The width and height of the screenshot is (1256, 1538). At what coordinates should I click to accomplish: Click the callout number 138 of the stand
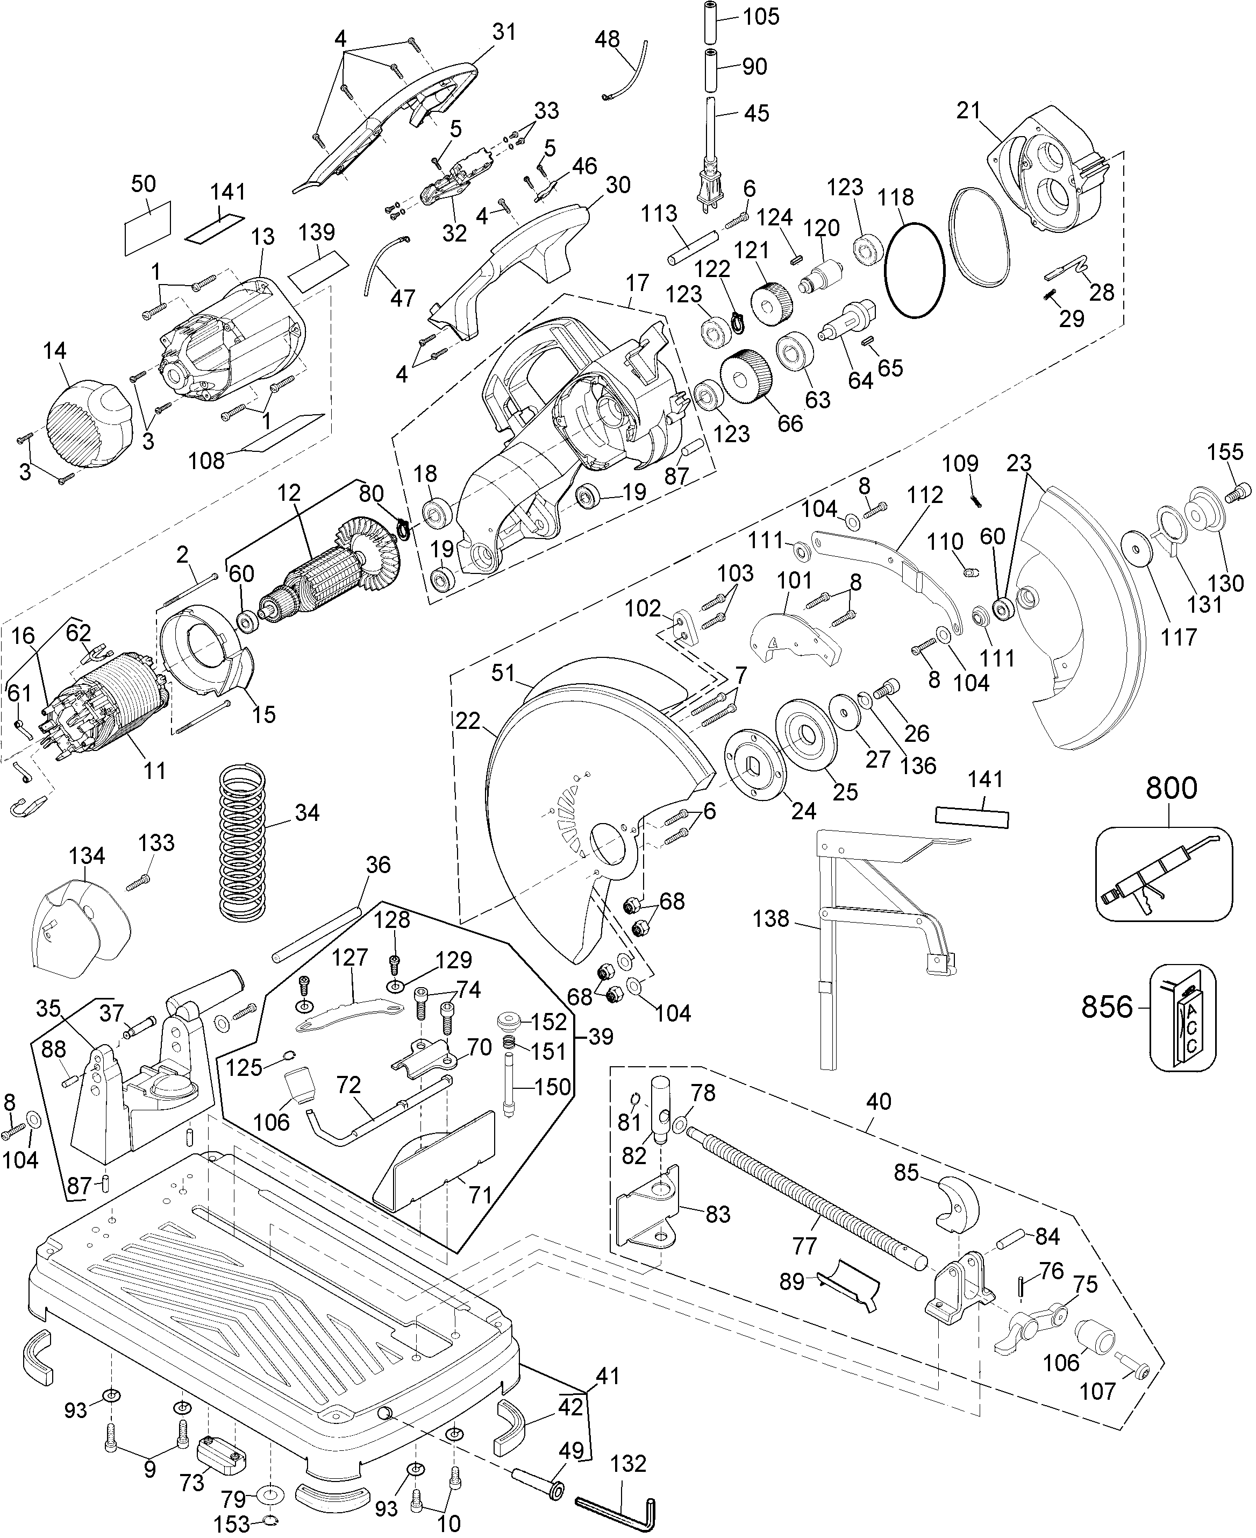[x=770, y=919]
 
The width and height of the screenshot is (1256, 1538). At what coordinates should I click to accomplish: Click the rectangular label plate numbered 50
[x=148, y=226]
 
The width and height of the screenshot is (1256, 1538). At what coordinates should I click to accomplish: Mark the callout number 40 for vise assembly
[x=879, y=1102]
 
